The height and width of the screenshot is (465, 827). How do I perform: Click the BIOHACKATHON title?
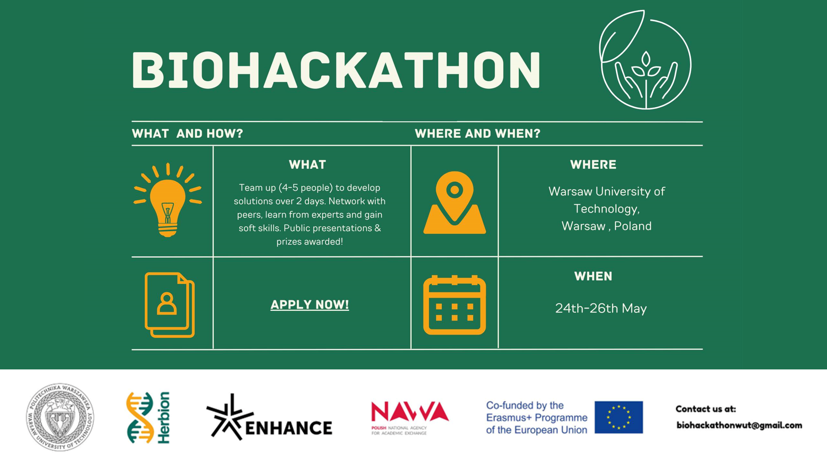click(336, 70)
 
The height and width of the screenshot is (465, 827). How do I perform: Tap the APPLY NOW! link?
click(310, 305)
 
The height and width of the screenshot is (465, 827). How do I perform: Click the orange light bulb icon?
click(168, 200)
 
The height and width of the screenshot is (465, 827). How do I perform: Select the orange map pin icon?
click(454, 202)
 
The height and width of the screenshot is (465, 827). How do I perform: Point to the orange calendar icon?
click(454, 305)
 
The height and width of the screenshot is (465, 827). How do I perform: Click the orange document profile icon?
click(170, 305)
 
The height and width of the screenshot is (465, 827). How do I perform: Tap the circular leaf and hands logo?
click(645, 59)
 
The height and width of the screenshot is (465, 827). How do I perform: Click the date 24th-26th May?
click(601, 308)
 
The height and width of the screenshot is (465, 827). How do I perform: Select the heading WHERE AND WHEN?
click(477, 133)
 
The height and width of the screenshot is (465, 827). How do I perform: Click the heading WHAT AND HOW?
click(187, 133)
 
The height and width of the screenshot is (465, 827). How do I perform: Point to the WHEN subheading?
click(593, 276)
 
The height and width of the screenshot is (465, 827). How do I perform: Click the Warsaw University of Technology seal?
click(60, 417)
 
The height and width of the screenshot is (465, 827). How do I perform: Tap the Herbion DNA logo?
click(148, 418)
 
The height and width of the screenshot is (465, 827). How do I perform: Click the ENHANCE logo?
click(269, 417)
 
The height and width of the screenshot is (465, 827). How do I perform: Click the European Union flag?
click(619, 417)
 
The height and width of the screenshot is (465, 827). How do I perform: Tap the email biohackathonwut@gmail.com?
click(739, 425)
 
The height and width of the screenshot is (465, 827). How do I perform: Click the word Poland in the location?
click(633, 226)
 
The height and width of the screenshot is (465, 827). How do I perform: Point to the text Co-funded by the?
click(525, 405)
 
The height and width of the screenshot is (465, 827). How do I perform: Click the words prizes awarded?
click(310, 242)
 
